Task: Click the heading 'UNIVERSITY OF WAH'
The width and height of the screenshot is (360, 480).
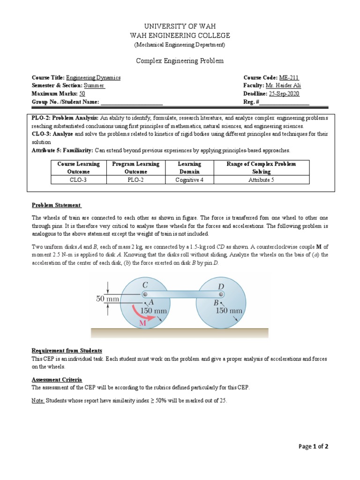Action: [x=180, y=26]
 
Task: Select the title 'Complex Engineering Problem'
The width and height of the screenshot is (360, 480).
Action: [x=180, y=61]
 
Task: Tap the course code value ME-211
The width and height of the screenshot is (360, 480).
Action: [x=289, y=78]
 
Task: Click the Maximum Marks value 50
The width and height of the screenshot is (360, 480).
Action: [x=82, y=94]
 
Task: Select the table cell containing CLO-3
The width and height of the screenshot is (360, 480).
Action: [x=78, y=180]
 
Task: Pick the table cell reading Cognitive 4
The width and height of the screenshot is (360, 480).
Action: [x=189, y=180]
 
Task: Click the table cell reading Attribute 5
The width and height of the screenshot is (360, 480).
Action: [x=261, y=180]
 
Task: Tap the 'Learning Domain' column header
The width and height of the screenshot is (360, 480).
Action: [x=189, y=168]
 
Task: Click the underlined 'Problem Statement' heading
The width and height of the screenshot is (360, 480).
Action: [x=56, y=205]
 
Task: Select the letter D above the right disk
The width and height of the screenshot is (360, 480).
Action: [x=221, y=285]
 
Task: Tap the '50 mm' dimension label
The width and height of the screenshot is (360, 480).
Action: [x=107, y=298]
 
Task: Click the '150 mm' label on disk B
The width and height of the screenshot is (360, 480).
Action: [x=228, y=310]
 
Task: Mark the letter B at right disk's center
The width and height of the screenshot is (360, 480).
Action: [x=216, y=303]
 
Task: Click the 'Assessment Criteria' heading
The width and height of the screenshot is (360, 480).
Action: [x=57, y=379]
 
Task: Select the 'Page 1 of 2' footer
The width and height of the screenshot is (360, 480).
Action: [x=314, y=447]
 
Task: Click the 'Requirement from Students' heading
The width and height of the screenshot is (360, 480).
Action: [x=67, y=351]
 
